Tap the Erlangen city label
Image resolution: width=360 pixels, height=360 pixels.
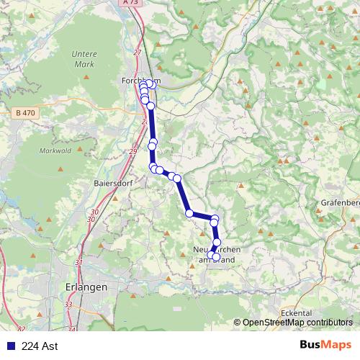click(86, 287)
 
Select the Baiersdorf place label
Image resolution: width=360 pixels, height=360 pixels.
click(112, 182)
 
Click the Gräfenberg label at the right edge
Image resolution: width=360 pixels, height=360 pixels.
click(341, 203)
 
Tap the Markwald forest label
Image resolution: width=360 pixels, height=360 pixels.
click(54, 149)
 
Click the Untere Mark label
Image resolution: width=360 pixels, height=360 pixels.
click(84, 58)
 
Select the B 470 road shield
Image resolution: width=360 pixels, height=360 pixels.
click(24, 113)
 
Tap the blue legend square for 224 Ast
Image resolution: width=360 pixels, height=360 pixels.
click(9, 346)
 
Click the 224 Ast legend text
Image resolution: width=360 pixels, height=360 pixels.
click(40, 346)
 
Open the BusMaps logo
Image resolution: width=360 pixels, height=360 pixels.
click(326, 345)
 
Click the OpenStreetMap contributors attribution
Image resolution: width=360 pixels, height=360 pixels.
click(297, 323)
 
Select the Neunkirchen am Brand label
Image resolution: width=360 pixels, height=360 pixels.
click(214, 253)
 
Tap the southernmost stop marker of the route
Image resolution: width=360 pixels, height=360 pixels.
click(215, 257)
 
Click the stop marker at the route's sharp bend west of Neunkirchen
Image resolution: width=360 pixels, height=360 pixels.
click(189, 213)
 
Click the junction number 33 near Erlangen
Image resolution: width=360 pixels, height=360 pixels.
click(68, 305)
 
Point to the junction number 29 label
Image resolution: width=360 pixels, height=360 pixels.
click(132, 152)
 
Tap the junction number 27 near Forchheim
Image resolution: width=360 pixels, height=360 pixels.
click(137, 52)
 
